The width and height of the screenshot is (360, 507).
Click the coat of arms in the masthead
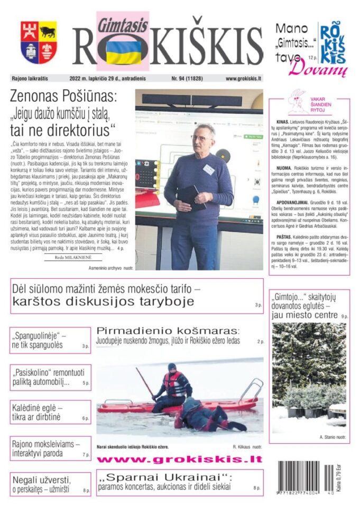pyautogui.click(x=39, y=42)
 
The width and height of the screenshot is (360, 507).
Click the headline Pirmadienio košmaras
pyautogui.click(x=168, y=331)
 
